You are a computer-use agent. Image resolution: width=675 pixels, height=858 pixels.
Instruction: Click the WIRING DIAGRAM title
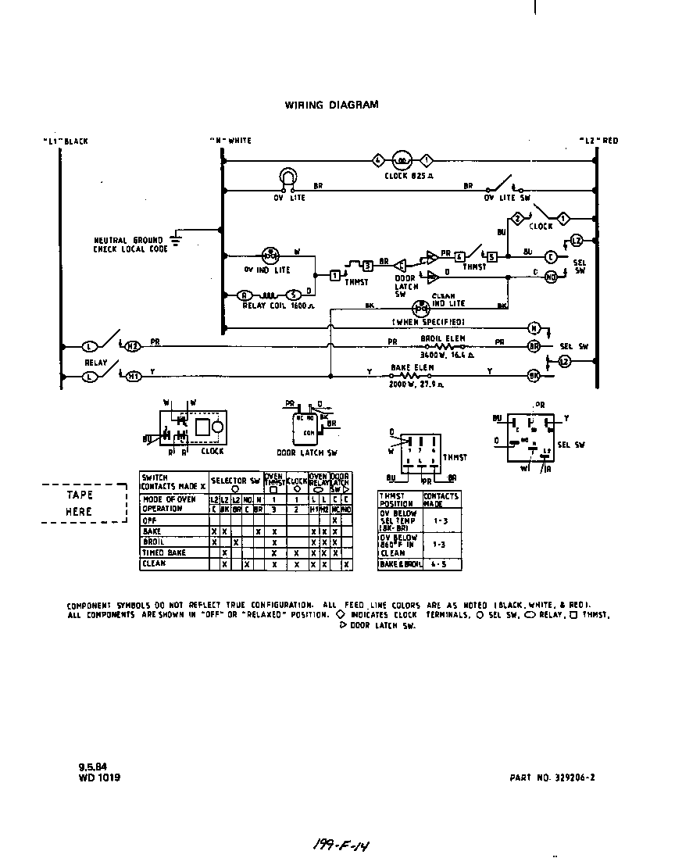click(331, 105)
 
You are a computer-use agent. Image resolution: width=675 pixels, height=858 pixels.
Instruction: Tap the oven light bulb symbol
click(288, 178)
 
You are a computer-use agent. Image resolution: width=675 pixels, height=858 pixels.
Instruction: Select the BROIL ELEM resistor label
click(443, 338)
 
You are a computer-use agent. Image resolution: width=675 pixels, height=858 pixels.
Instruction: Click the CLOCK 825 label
click(409, 176)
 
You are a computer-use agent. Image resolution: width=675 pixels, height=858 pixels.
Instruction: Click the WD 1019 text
click(99, 778)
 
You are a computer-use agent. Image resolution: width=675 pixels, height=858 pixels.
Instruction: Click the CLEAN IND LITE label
click(448, 299)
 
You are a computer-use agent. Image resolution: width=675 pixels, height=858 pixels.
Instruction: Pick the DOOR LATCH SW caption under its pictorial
click(308, 452)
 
